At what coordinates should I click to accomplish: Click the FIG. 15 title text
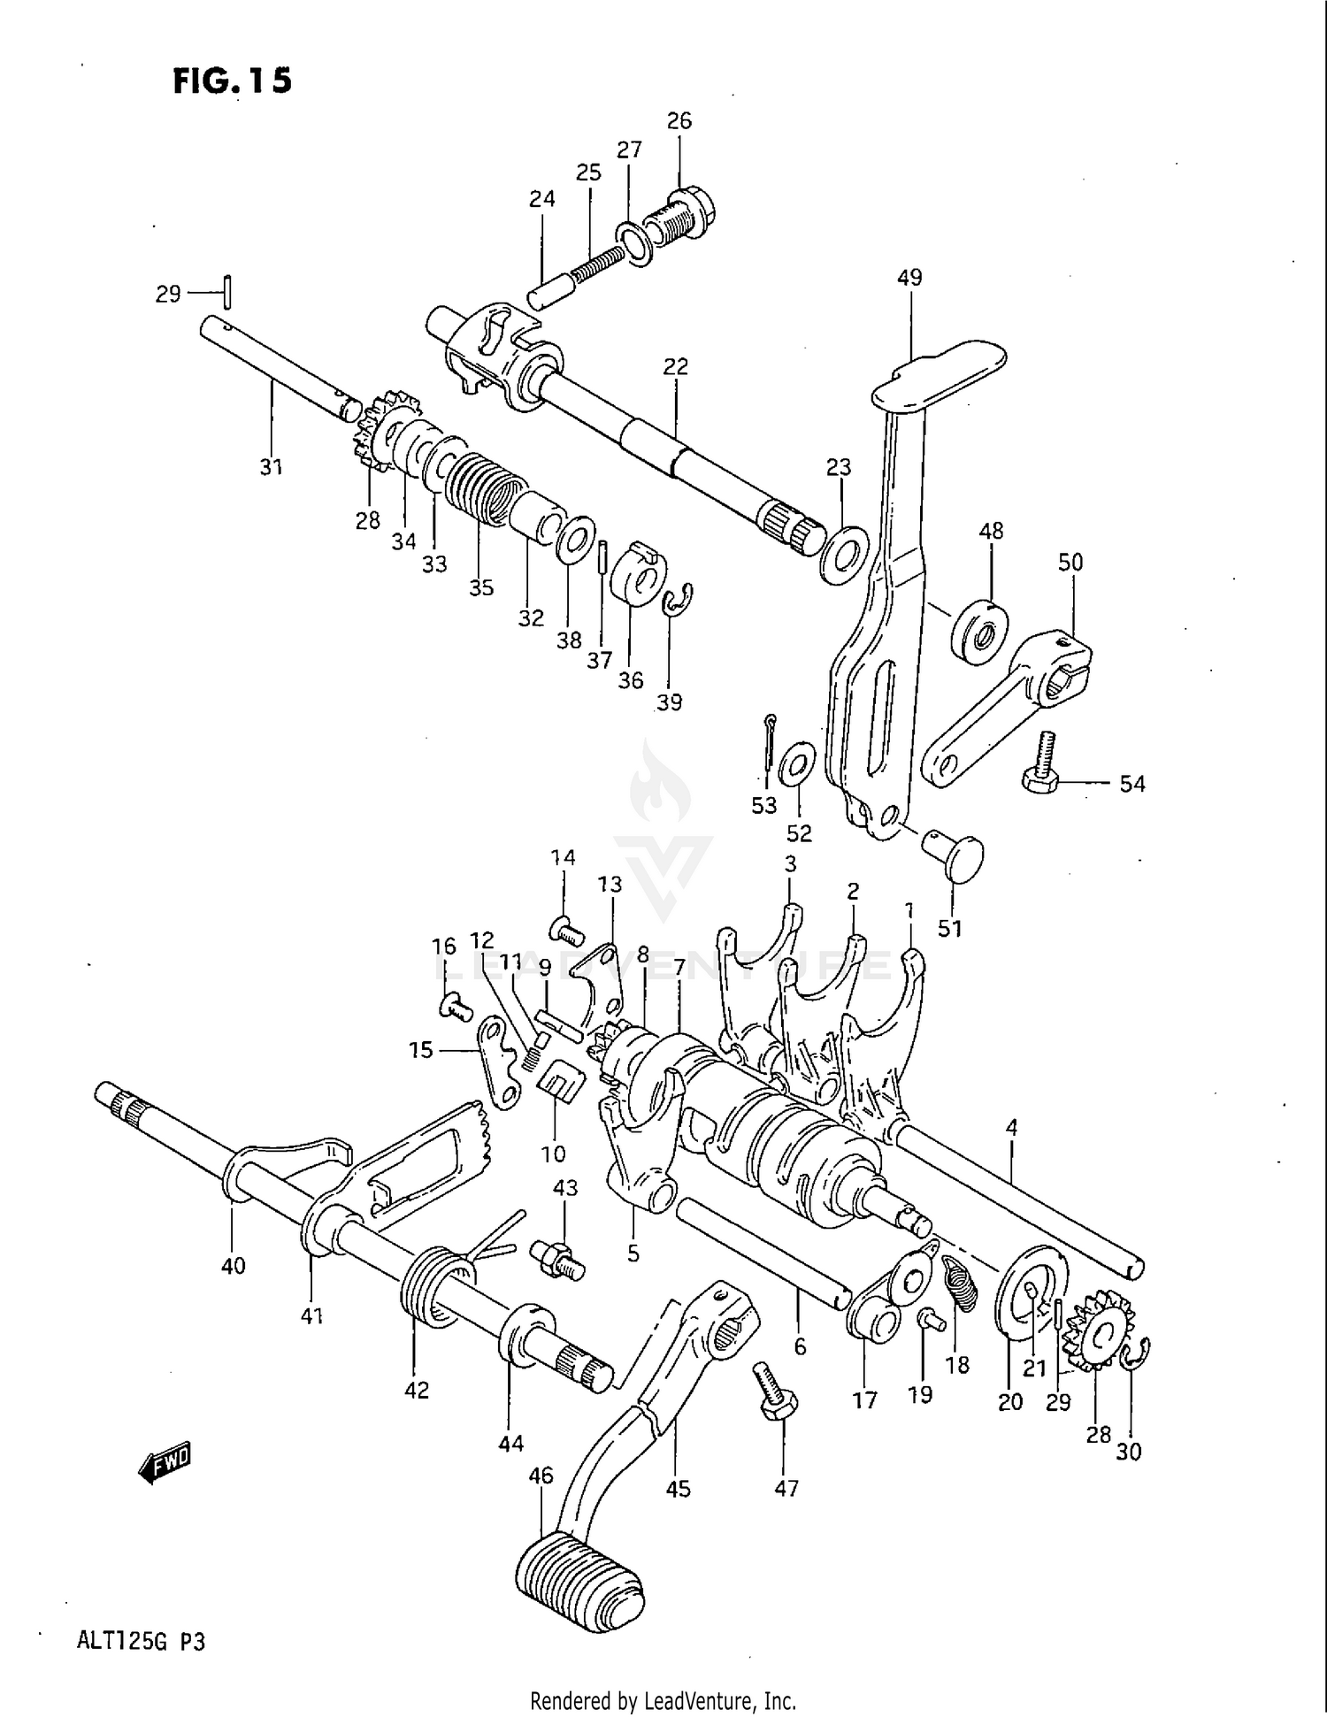coord(232,80)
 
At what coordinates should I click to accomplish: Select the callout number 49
coord(909,277)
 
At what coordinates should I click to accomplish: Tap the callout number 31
coord(271,466)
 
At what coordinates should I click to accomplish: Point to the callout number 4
coord(1011,1127)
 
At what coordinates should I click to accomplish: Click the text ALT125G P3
coord(142,1642)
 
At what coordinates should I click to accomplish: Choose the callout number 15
coord(421,1049)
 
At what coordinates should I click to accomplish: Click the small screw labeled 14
coord(567,930)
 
